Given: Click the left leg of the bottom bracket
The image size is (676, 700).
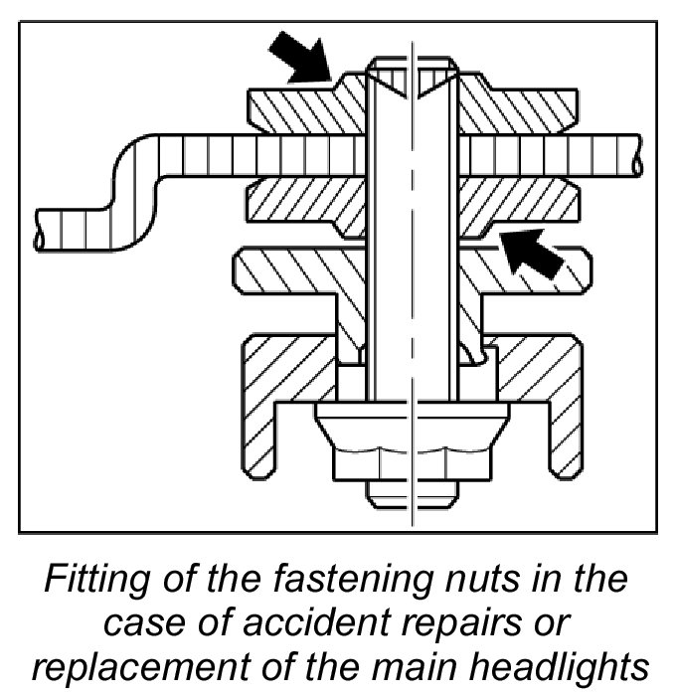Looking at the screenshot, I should (256, 418).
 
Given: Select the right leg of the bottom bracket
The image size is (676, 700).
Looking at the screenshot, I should (564, 418).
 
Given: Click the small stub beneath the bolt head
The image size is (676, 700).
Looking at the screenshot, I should (411, 491).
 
